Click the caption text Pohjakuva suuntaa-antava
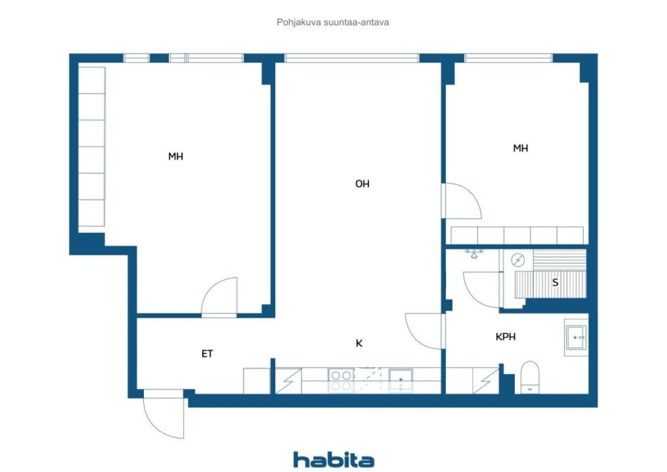click(x=333, y=22)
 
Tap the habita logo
click(x=333, y=460)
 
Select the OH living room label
click(x=362, y=184)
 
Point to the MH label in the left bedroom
click(x=176, y=156)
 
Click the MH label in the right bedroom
click(x=521, y=148)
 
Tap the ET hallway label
click(x=207, y=354)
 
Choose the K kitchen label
click(x=359, y=343)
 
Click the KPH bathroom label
click(x=505, y=337)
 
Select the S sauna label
click(x=555, y=283)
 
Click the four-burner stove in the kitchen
click(x=341, y=380)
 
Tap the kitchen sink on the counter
click(x=401, y=380)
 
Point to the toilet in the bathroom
click(x=530, y=378)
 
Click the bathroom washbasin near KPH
click(x=576, y=338)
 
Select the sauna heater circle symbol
click(x=518, y=259)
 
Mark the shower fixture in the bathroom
click(x=474, y=254)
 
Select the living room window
click(x=352, y=58)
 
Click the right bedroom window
click(x=508, y=58)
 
